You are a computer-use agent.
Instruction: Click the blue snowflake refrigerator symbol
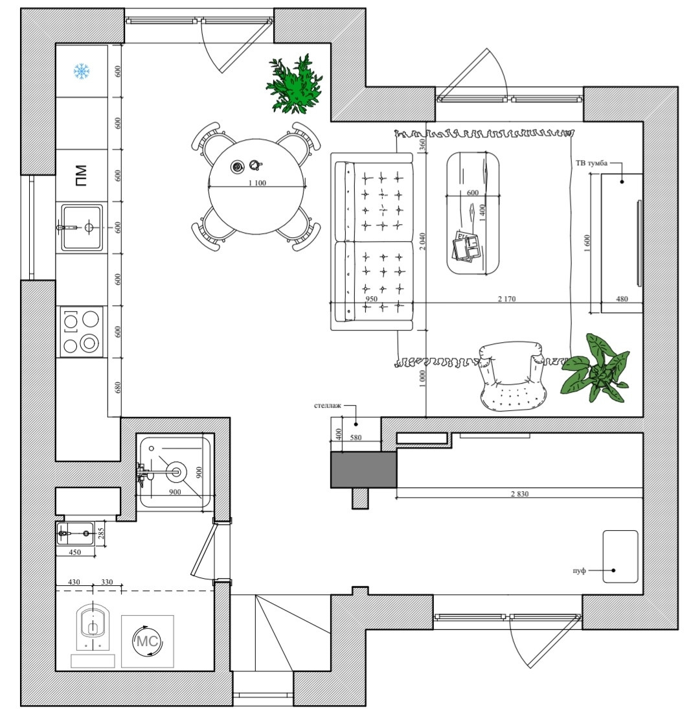(82, 71)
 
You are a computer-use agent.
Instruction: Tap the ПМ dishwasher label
(81, 175)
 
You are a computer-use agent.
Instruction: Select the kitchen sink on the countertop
(82, 227)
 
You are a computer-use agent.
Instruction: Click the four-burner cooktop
(82, 331)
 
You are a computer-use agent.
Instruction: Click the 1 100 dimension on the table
(257, 183)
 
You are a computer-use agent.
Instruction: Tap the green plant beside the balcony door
(295, 85)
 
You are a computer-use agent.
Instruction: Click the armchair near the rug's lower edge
(512, 378)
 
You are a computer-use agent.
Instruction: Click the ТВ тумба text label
(591, 163)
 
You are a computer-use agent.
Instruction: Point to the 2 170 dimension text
(507, 299)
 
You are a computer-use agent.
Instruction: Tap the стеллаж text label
(328, 406)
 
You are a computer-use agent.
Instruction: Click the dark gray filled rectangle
(363, 470)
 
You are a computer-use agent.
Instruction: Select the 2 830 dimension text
(519, 494)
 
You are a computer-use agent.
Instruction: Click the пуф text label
(579, 570)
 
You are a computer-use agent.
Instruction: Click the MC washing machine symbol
(147, 641)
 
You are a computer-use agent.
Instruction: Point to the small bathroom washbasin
(75, 533)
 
